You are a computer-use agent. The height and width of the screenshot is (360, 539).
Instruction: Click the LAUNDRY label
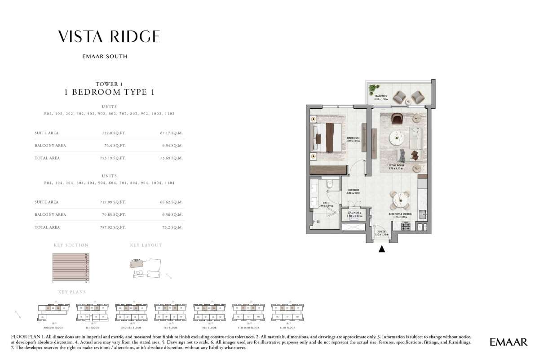coord(355,213)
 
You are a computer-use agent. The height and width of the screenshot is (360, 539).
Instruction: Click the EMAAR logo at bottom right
coord(508,342)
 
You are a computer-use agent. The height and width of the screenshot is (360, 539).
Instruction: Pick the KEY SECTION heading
coord(71,245)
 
